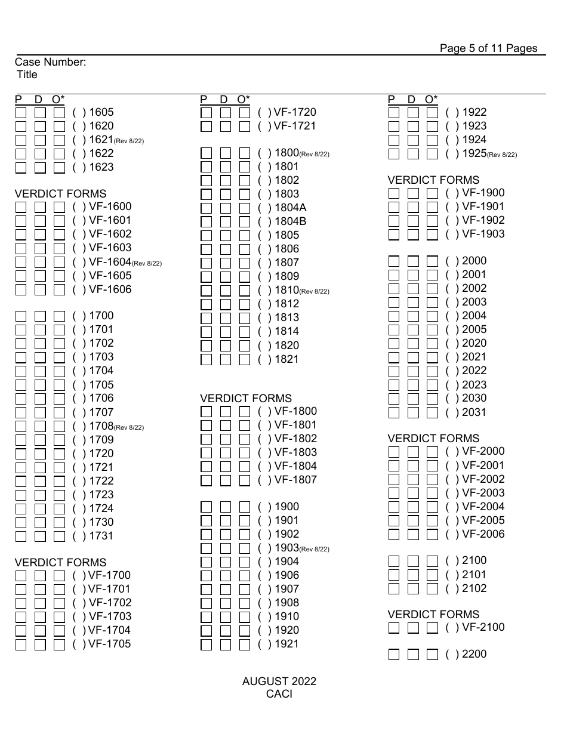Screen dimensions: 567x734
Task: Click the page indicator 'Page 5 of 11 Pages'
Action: pyautogui.click(x=488, y=48)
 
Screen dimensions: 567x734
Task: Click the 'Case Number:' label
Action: pyautogui.click(x=51, y=62)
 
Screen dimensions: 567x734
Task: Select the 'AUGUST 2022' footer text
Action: pyautogui.click(x=279, y=681)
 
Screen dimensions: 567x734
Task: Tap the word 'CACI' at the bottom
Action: pyautogui.click(x=279, y=694)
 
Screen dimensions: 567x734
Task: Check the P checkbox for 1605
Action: pyautogui.click(x=21, y=112)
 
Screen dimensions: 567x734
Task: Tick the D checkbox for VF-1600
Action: pyautogui.click(x=40, y=207)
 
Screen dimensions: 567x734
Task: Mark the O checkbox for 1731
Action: pyautogui.click(x=59, y=536)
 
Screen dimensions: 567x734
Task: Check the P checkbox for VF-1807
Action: pyautogui.click(x=207, y=480)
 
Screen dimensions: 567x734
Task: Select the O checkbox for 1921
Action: pyautogui.click(x=245, y=644)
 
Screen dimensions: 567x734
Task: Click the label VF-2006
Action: pyautogui.click(x=483, y=534)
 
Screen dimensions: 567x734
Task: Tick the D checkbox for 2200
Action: pyautogui.click(x=413, y=655)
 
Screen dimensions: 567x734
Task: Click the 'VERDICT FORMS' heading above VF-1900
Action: pyautogui.click(x=433, y=180)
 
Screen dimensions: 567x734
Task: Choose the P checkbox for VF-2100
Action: pyautogui.click(x=394, y=628)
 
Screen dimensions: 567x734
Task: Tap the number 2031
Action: pyautogui.click(x=474, y=412)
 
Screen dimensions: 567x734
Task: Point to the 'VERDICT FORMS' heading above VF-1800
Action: pyautogui.click(x=246, y=398)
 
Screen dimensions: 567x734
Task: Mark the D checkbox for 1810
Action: pyautogui.click(x=226, y=291)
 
